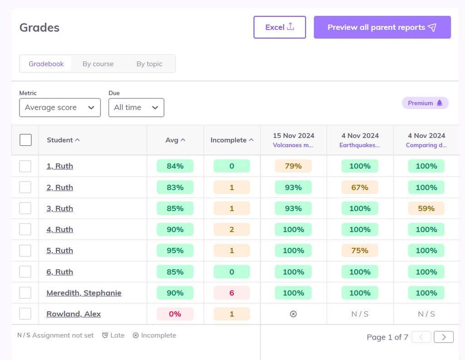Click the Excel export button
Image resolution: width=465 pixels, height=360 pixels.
279,27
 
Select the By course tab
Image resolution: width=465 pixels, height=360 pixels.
98,64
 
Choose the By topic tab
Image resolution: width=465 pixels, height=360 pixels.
149,64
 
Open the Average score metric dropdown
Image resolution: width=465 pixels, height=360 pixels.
60,108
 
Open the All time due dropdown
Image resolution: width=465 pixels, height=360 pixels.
136,108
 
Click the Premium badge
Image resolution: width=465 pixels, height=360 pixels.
425,103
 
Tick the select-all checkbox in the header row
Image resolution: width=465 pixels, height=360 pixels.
25,140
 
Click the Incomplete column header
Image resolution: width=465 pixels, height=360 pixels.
231,140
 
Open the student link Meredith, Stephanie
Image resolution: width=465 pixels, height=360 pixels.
84,293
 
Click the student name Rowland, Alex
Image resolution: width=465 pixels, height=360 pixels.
74,314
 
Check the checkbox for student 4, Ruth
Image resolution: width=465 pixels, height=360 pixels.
25,229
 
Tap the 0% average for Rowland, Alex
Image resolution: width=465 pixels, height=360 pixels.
175,314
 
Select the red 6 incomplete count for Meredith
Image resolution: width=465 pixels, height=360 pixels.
232,293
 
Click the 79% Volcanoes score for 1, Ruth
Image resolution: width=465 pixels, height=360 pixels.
293,166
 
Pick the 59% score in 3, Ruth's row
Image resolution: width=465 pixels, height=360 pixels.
426,208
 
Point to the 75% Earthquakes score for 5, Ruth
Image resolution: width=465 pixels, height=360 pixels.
360,251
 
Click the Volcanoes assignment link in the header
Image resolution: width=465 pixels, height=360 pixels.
293,145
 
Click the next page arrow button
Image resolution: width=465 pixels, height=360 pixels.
444,337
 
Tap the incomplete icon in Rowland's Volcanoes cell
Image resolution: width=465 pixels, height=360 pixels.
293,314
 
